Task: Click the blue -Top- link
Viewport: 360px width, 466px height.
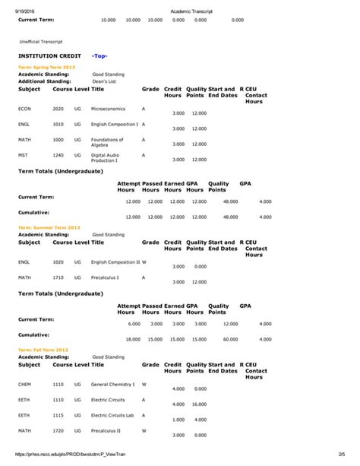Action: tap(99, 56)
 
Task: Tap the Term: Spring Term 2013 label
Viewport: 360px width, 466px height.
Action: tap(47, 68)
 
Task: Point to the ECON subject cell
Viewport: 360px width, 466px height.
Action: tap(25, 108)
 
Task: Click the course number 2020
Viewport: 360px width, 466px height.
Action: tap(58, 108)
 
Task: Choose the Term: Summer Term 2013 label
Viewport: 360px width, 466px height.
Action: tap(49, 227)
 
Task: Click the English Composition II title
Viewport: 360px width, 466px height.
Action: tap(115, 262)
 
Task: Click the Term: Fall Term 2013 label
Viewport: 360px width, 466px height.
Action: tap(44, 349)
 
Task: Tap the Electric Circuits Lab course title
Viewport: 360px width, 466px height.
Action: tap(115, 415)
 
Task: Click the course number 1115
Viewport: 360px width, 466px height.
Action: tap(58, 415)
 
